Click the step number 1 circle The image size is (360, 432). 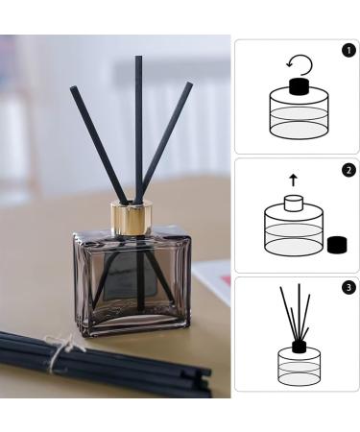[348, 50]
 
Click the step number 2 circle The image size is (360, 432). [348, 170]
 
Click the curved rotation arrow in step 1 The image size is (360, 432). [300, 64]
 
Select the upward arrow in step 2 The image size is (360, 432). [293, 179]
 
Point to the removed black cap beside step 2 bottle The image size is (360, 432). [336, 245]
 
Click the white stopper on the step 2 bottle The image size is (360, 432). [292, 204]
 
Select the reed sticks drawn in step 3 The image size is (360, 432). [298, 312]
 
